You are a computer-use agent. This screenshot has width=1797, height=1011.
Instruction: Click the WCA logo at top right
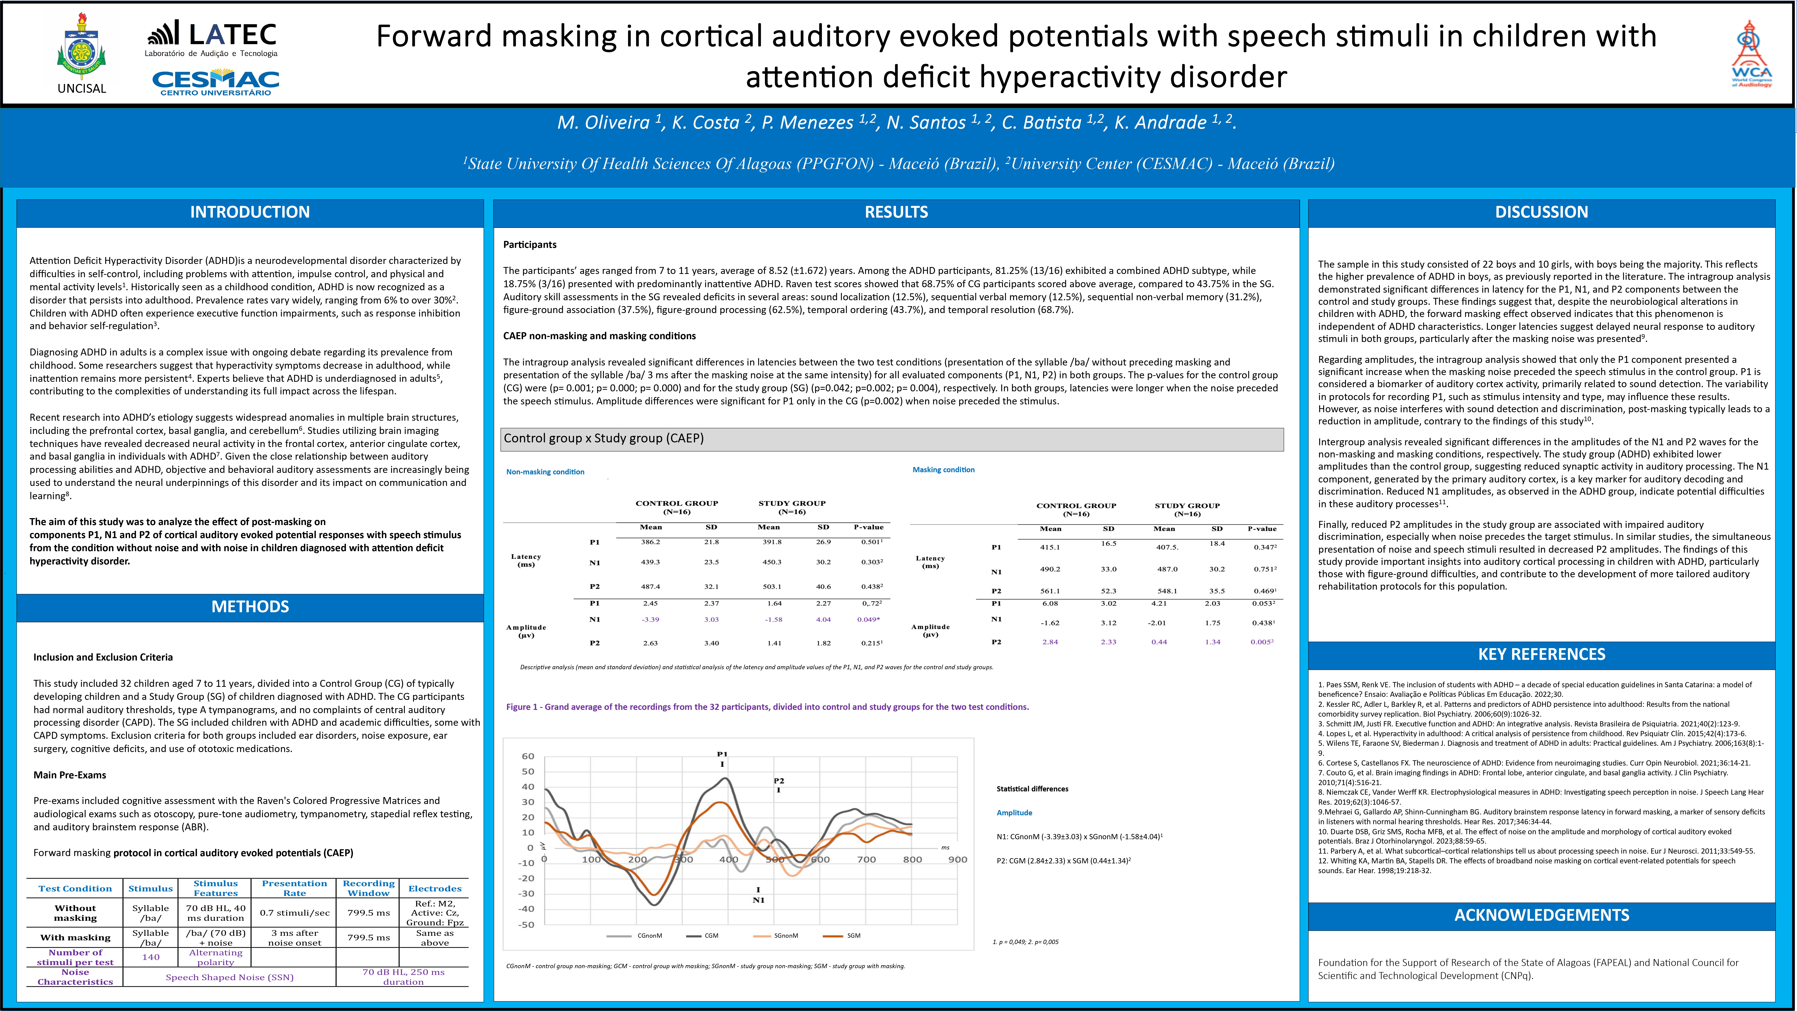click(1751, 54)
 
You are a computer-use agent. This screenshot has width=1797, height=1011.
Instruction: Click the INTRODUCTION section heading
click(250, 212)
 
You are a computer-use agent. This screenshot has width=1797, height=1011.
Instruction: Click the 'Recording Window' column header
click(368, 888)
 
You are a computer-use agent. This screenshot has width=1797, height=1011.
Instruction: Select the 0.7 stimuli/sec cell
click(294, 913)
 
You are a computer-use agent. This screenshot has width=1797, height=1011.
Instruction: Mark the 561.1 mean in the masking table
click(1050, 591)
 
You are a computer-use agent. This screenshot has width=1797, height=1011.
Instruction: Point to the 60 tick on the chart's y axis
click(528, 756)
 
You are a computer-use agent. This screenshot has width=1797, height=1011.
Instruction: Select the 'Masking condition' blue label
click(943, 470)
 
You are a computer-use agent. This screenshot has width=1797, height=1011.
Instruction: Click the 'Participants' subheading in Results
click(529, 245)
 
